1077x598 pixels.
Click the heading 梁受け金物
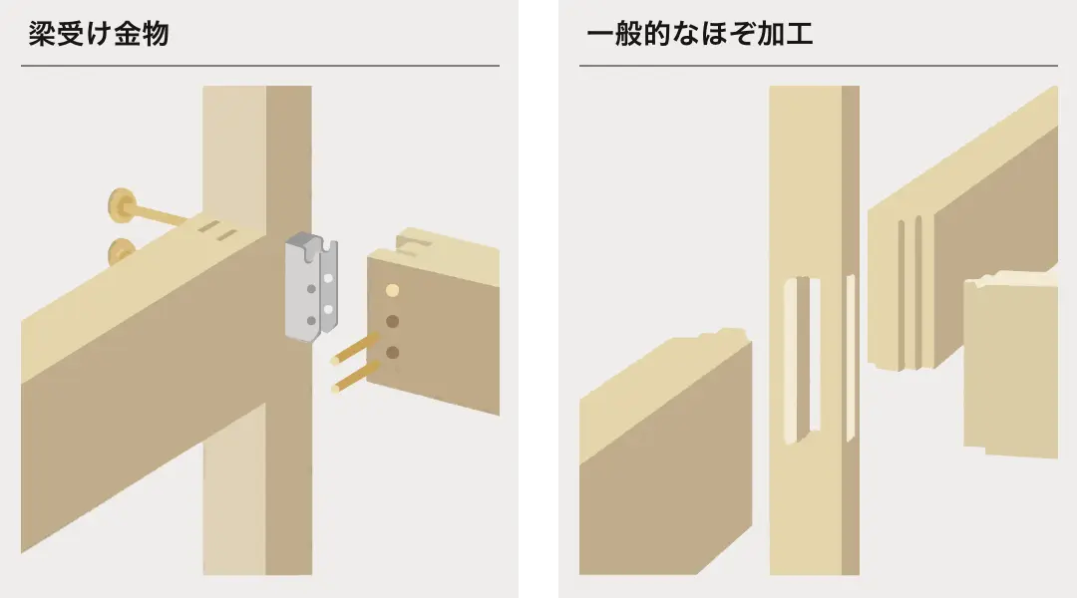click(98, 34)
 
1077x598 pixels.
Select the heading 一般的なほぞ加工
click(700, 34)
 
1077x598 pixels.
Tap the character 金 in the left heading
click(127, 34)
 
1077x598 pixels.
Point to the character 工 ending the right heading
click(800, 34)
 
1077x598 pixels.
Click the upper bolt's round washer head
click(123, 204)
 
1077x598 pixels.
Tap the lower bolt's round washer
click(122, 252)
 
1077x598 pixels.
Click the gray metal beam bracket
click(311, 287)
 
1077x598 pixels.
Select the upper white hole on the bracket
click(328, 278)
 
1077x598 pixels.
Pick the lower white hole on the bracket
click(328, 310)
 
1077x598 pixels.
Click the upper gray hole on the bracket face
click(311, 289)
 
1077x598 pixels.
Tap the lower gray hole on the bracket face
click(311, 320)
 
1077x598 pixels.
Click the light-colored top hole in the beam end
click(392, 290)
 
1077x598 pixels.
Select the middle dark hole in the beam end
click(392, 321)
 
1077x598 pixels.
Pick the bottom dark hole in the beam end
click(392, 352)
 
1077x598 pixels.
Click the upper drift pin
click(354, 348)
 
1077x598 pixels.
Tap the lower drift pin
click(355, 377)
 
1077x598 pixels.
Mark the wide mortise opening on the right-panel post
click(802, 360)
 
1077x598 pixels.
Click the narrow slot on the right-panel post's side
click(851, 358)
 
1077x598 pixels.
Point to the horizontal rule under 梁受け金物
click(260, 66)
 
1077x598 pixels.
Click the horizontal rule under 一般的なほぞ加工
click(818, 66)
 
